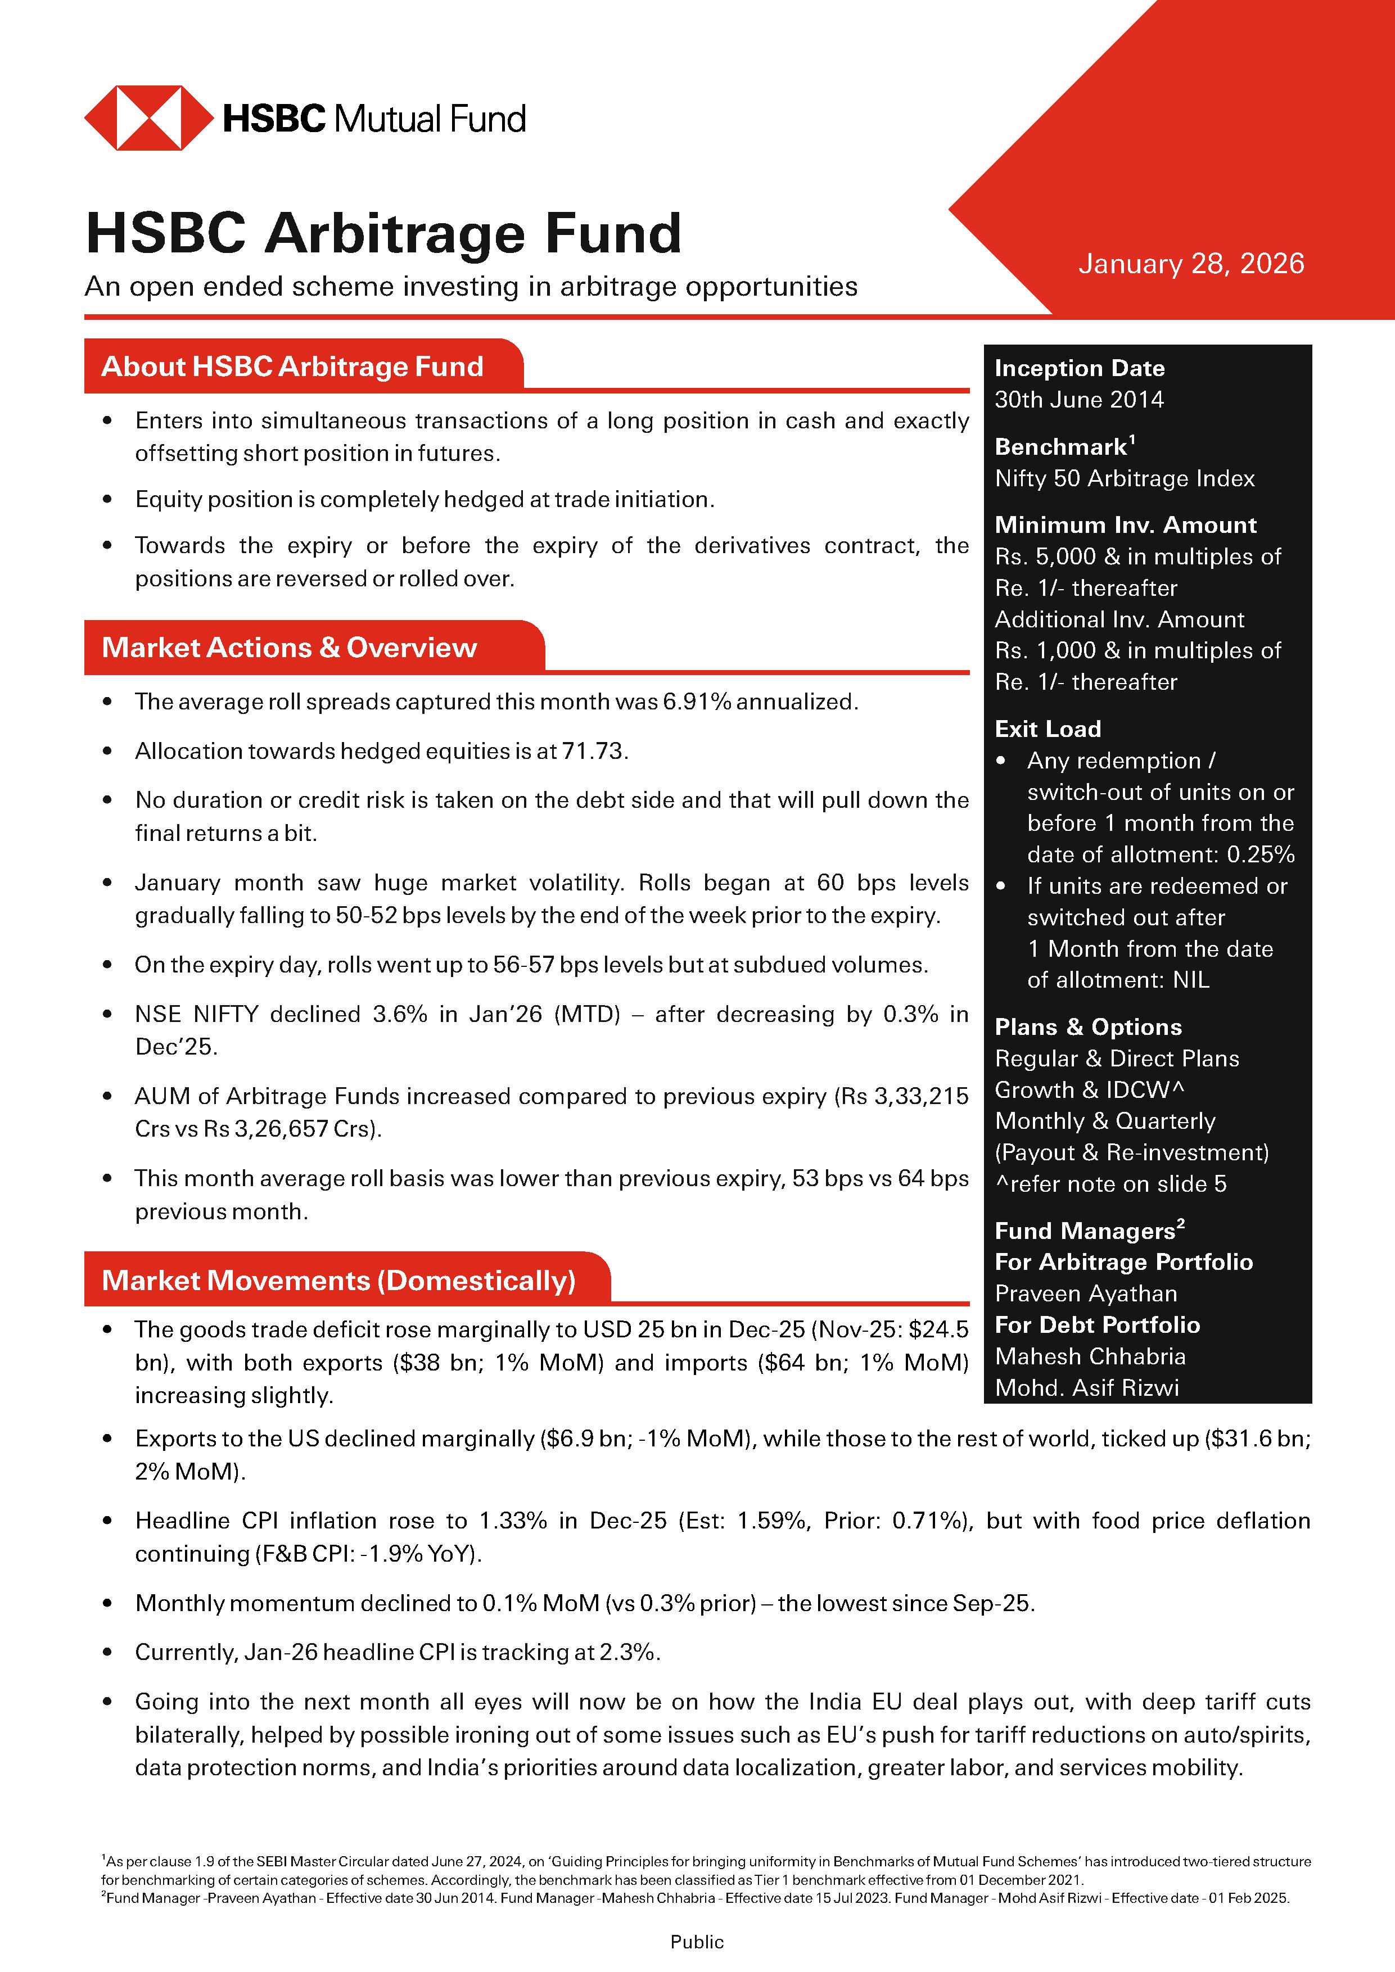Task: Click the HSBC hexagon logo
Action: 148,117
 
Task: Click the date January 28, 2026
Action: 1190,264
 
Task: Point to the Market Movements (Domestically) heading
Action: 338,1281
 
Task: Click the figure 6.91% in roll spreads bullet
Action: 696,702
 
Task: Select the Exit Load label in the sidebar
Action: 1047,729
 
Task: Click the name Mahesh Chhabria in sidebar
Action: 1089,1356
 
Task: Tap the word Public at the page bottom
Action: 697,1942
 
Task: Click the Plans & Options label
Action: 1087,1027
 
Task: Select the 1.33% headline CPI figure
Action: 512,1521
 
